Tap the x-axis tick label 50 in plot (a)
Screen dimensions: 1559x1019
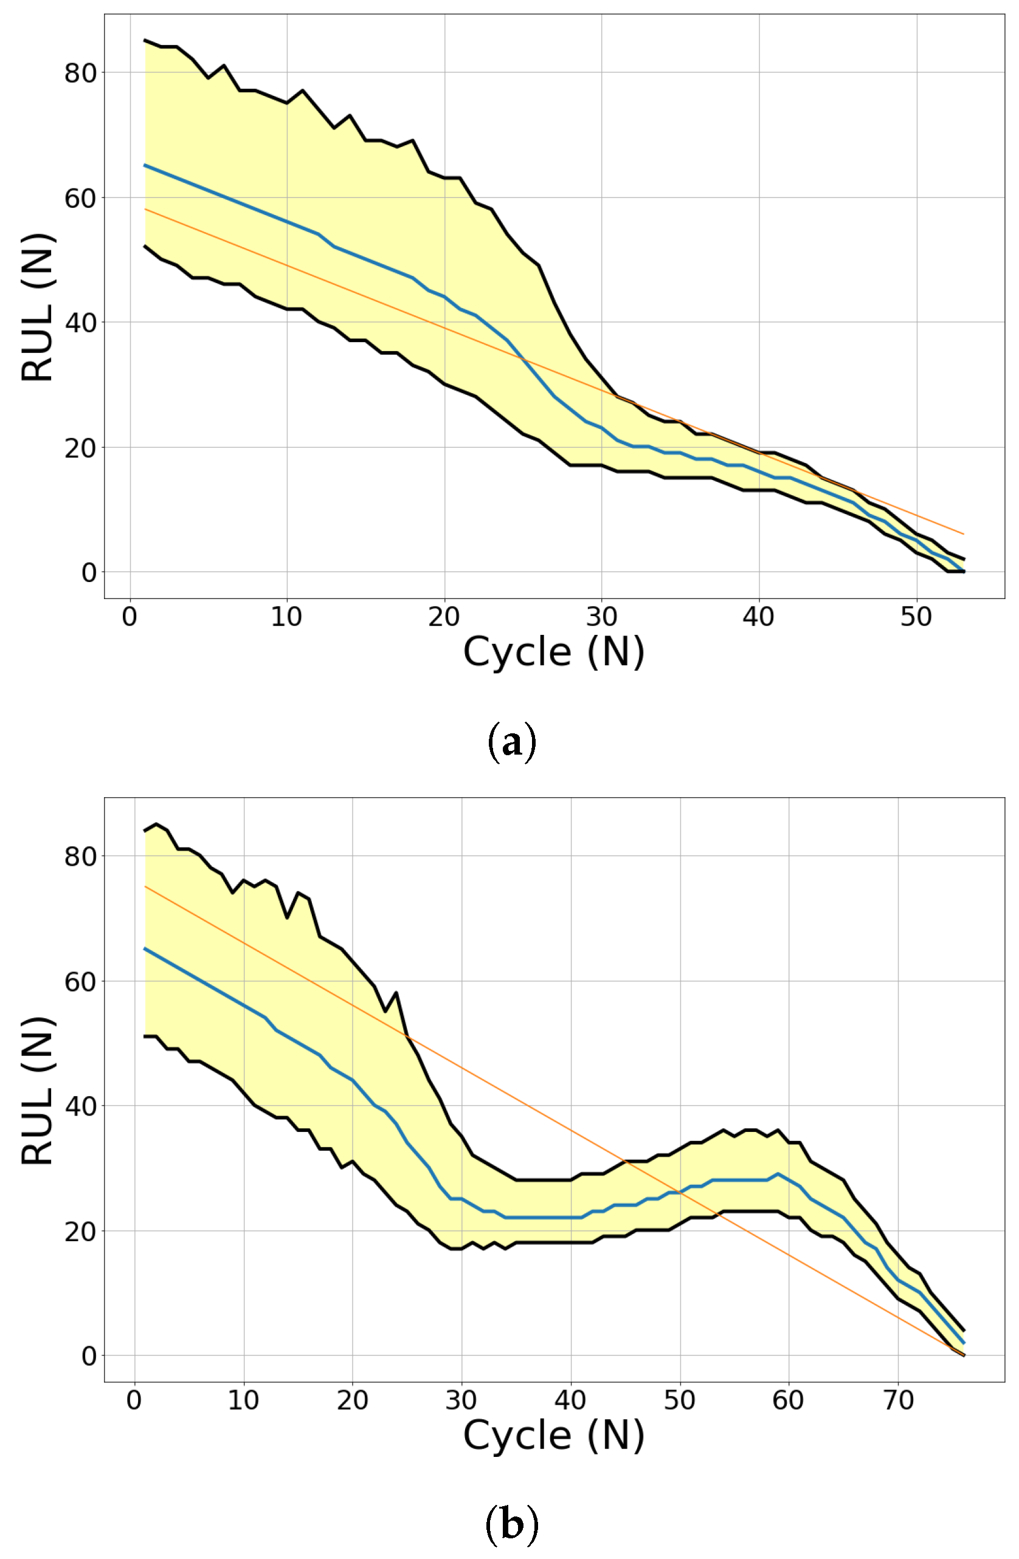coord(916,617)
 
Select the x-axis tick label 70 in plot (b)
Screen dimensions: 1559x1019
coord(898,1400)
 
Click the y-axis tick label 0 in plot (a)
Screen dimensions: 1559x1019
coord(89,572)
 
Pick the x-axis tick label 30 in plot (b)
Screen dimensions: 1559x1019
coord(461,1400)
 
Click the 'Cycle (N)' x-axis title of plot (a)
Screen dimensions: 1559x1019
coord(554,653)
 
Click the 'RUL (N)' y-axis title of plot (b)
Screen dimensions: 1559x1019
coord(37,1090)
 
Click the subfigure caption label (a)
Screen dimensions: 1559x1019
coord(512,743)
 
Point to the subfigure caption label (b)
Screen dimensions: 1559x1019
coord(512,1525)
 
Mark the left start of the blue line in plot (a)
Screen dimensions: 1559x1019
coord(145,165)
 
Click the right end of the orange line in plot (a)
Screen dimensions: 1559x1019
coord(963,534)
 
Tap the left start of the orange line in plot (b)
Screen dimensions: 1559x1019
coord(145,886)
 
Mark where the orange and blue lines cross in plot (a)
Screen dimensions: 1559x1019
coord(522,358)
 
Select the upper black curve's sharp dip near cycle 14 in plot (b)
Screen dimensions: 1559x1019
coord(287,917)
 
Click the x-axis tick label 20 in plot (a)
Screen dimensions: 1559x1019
coord(444,617)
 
